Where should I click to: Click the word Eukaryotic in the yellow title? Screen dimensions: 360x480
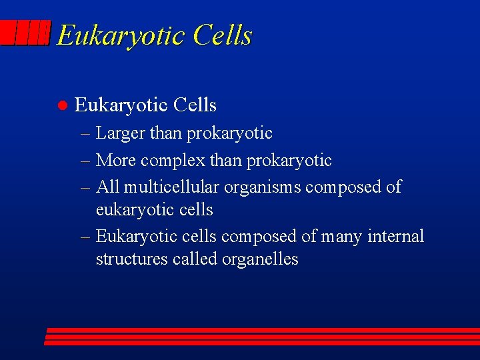(x=121, y=35)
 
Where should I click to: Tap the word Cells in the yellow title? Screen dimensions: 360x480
(x=223, y=35)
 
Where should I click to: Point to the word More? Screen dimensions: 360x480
(x=115, y=161)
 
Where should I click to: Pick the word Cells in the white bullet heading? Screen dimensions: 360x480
(x=195, y=105)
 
